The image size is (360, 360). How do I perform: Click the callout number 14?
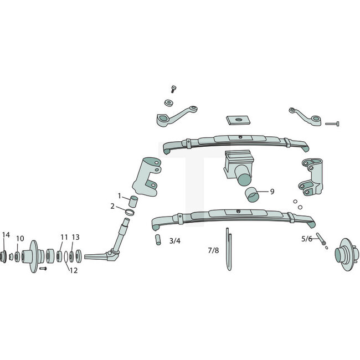pyautogui.click(x=6, y=235)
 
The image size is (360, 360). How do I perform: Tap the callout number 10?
pyautogui.click(x=20, y=238)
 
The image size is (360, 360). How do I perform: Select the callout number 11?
pyautogui.click(x=64, y=237)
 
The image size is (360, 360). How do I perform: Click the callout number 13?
pyautogui.click(x=75, y=237)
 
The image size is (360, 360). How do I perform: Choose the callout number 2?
pyautogui.click(x=113, y=206)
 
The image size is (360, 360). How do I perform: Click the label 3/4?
pyautogui.click(x=174, y=241)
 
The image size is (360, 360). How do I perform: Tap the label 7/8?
pyautogui.click(x=213, y=250)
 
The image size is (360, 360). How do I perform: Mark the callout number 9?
pyautogui.click(x=272, y=192)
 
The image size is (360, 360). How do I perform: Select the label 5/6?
pyautogui.click(x=307, y=239)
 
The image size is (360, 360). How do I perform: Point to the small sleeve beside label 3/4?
pyautogui.click(x=157, y=240)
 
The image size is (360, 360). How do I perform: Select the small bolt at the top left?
pyautogui.click(x=173, y=89)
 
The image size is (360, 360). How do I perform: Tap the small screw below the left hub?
pyautogui.click(x=44, y=269)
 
